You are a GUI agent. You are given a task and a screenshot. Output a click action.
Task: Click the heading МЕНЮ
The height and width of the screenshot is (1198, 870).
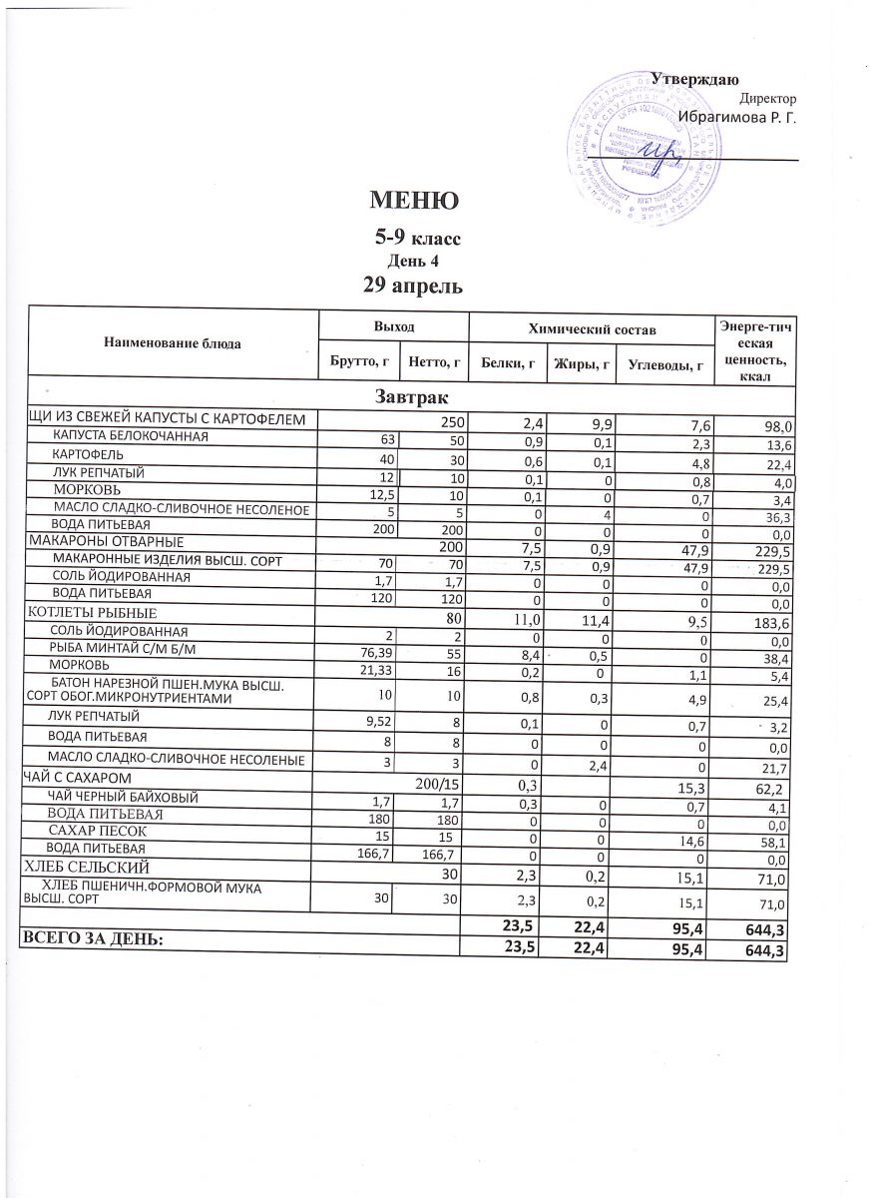[414, 201]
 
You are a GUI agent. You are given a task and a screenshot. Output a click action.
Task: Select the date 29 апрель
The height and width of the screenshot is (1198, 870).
[414, 286]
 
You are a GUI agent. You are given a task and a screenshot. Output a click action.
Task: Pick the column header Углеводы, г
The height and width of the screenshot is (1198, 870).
[664, 363]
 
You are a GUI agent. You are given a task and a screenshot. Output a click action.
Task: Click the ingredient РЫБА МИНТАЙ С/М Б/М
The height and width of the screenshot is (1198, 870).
[124, 648]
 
